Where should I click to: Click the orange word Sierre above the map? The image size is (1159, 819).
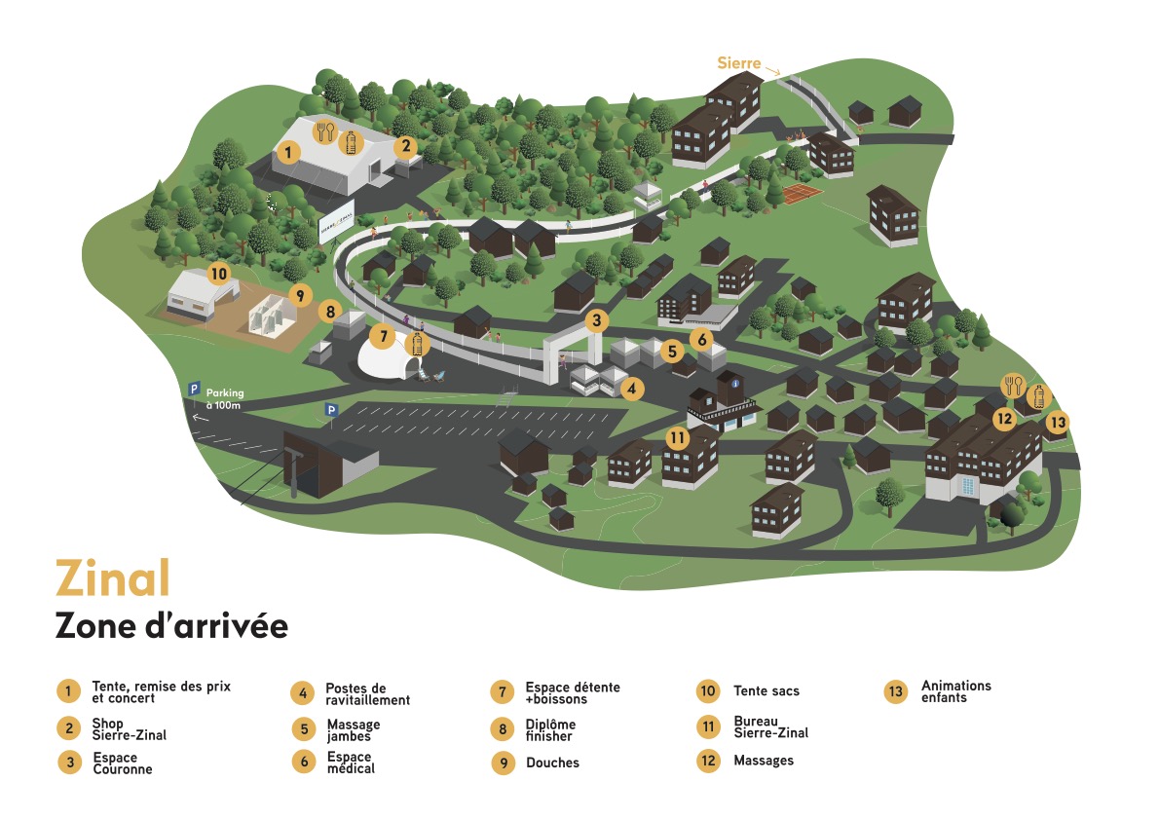(x=738, y=63)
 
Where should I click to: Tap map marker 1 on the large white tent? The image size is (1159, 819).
(x=288, y=153)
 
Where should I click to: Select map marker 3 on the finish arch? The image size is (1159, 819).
(x=596, y=320)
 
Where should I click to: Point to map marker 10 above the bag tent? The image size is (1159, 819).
(x=218, y=275)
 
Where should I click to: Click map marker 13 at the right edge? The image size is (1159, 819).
(x=1058, y=422)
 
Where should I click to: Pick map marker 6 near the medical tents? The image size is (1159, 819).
(x=701, y=339)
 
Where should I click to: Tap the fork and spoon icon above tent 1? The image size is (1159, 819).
(x=325, y=131)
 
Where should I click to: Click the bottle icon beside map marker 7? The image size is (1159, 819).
(x=417, y=344)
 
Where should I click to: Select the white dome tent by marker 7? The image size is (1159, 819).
(x=386, y=357)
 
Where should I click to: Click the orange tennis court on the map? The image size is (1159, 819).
(x=802, y=193)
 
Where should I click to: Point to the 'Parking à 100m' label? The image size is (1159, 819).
(x=224, y=398)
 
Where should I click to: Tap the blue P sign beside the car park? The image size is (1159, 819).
(x=331, y=409)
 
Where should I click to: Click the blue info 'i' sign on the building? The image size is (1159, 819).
(x=734, y=384)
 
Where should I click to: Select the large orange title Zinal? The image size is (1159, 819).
(x=113, y=578)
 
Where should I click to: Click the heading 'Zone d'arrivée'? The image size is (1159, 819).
(x=171, y=626)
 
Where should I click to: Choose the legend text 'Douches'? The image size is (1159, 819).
(x=553, y=763)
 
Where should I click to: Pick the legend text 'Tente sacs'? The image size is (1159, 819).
(x=766, y=691)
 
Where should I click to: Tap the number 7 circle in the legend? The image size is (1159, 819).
(x=502, y=691)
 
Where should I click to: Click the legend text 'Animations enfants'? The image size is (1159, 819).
(x=956, y=691)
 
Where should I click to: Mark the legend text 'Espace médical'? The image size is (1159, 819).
(x=351, y=763)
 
